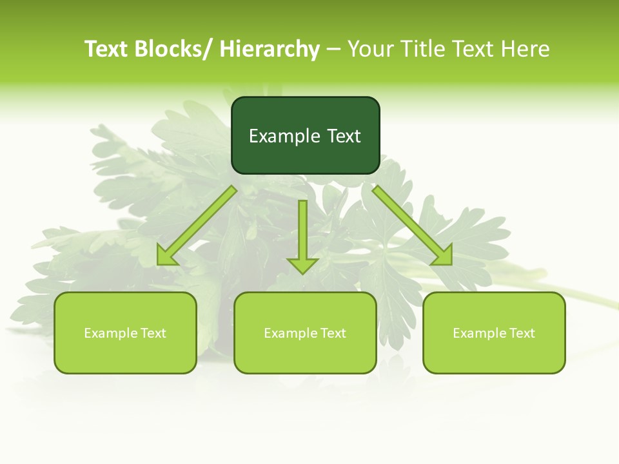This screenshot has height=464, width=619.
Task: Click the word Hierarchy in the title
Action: tap(270, 49)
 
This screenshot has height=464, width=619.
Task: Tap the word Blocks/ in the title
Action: tap(172, 49)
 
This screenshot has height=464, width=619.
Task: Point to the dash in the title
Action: tap(333, 50)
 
